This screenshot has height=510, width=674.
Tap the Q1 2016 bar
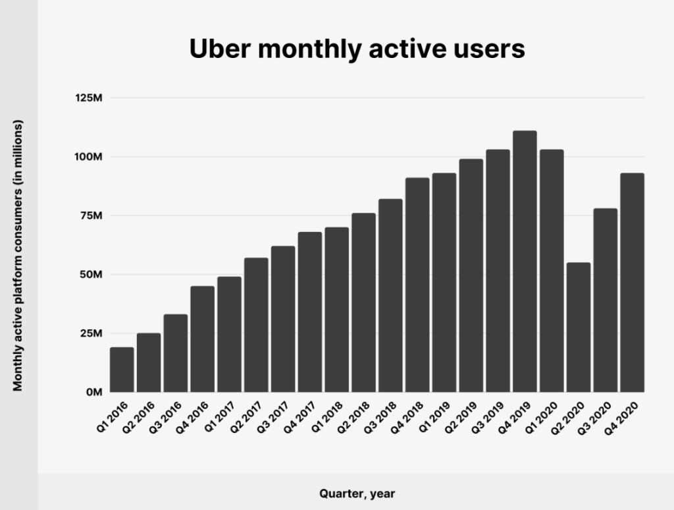coord(122,370)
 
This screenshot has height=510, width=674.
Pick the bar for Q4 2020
coord(632,283)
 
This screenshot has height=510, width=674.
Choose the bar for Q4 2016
coord(203,339)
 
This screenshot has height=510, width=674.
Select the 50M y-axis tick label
coord(90,274)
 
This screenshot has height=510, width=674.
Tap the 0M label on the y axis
coord(92,392)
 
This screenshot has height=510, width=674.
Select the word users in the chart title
coord(491,49)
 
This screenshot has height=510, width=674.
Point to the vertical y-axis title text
coord(18,256)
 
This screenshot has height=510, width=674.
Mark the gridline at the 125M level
coord(375,98)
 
